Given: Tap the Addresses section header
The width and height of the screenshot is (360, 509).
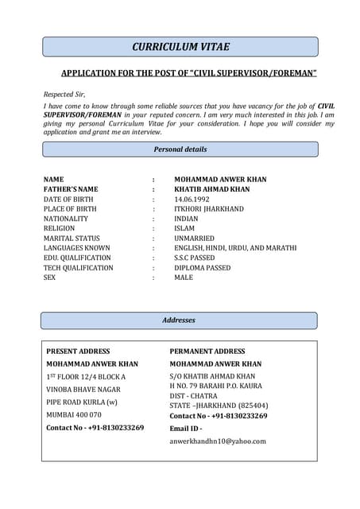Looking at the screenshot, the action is [x=180, y=321].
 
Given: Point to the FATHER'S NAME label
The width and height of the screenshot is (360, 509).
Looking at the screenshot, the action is [x=71, y=189].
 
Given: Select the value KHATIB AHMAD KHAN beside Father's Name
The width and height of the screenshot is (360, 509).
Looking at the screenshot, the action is [x=211, y=189].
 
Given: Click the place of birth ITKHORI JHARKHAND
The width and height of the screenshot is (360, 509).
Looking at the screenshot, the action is [x=209, y=209].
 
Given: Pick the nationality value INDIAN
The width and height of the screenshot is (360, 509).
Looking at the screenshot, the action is [x=186, y=219].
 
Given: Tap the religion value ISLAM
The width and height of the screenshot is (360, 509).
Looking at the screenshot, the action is [x=184, y=228].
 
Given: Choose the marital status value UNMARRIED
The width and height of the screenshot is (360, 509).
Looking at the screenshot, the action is [x=194, y=239].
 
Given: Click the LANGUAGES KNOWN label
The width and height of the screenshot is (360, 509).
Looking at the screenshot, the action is [x=76, y=248].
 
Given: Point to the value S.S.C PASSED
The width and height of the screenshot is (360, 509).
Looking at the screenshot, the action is [x=195, y=258].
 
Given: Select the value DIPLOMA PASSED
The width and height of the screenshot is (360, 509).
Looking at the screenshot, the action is [x=203, y=268].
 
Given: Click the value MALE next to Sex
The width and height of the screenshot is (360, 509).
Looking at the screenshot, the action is [x=184, y=278].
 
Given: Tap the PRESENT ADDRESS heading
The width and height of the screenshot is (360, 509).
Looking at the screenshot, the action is [x=78, y=351].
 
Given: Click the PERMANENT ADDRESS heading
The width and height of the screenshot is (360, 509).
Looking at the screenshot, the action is [x=207, y=351].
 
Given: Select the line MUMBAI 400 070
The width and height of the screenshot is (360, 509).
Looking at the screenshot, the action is [x=74, y=414].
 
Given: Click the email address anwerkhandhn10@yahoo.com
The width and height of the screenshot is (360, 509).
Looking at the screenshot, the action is [x=218, y=441].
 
